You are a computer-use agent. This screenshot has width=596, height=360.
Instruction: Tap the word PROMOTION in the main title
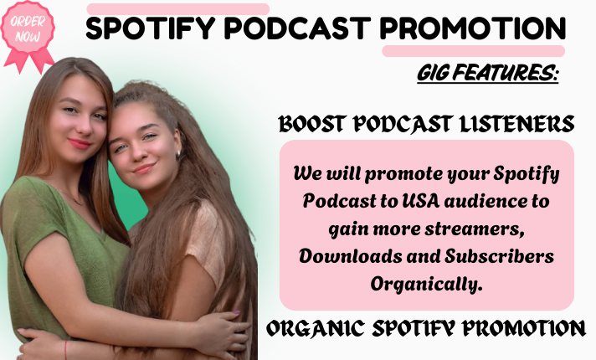[x=473, y=29]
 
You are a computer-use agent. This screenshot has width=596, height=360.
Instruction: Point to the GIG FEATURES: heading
[x=487, y=75]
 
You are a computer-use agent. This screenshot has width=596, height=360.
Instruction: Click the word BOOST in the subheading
[x=314, y=125]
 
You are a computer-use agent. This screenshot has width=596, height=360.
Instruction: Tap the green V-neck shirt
[x=50, y=251]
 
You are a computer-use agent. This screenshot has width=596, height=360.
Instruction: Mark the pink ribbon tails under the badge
[x=30, y=59]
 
